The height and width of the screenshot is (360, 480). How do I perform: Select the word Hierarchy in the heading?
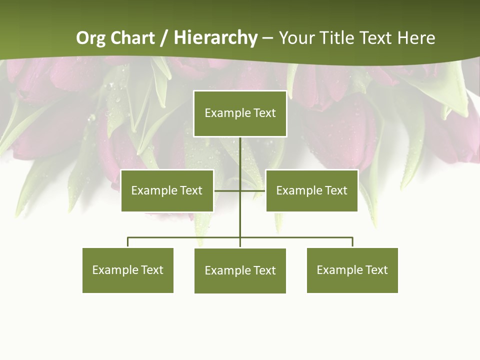[x=215, y=38]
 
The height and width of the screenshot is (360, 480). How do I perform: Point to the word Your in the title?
[x=296, y=38]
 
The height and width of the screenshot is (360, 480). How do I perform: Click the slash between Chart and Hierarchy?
[x=164, y=38]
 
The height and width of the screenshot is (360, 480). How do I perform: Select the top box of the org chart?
[x=240, y=113]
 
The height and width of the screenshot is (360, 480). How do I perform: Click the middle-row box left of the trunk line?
[x=167, y=190]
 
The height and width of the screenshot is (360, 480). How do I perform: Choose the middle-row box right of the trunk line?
[x=311, y=190]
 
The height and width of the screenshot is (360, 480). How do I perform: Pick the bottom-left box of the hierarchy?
[x=127, y=270]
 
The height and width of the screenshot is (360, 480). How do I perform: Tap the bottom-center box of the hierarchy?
[x=240, y=271]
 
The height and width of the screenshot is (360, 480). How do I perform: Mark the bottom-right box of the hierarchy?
[x=352, y=270]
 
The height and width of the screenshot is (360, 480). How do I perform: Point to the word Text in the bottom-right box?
[x=376, y=270]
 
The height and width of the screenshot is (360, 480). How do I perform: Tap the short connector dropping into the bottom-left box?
[x=127, y=242]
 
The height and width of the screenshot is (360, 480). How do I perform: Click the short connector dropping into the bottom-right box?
[x=352, y=242]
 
